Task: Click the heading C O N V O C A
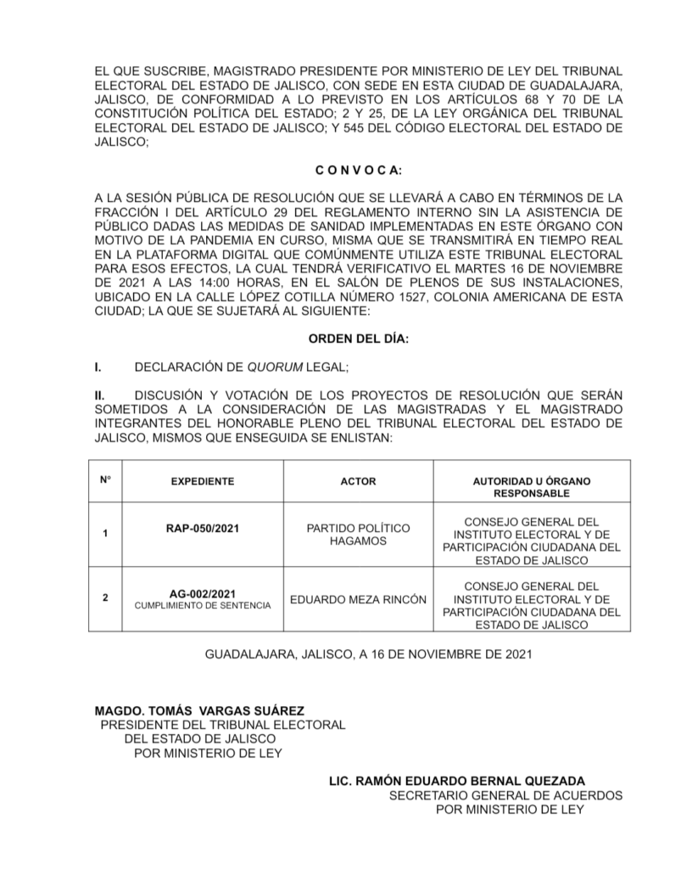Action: pos(358,171)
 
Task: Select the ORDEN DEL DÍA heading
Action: pos(358,339)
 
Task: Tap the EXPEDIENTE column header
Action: pos(203,481)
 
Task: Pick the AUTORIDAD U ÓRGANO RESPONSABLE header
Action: pos(532,487)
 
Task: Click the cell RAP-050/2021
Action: pos(203,528)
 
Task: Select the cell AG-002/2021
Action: pos(203,592)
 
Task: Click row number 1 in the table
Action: pos(105,534)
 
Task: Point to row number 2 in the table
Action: pos(105,598)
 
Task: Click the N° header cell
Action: pos(105,479)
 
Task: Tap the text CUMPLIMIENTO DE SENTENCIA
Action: pos(203,605)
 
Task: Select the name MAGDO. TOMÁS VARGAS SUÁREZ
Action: pos(198,709)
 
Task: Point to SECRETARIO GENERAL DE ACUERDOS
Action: pos(505,795)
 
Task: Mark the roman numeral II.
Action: pos(99,395)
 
